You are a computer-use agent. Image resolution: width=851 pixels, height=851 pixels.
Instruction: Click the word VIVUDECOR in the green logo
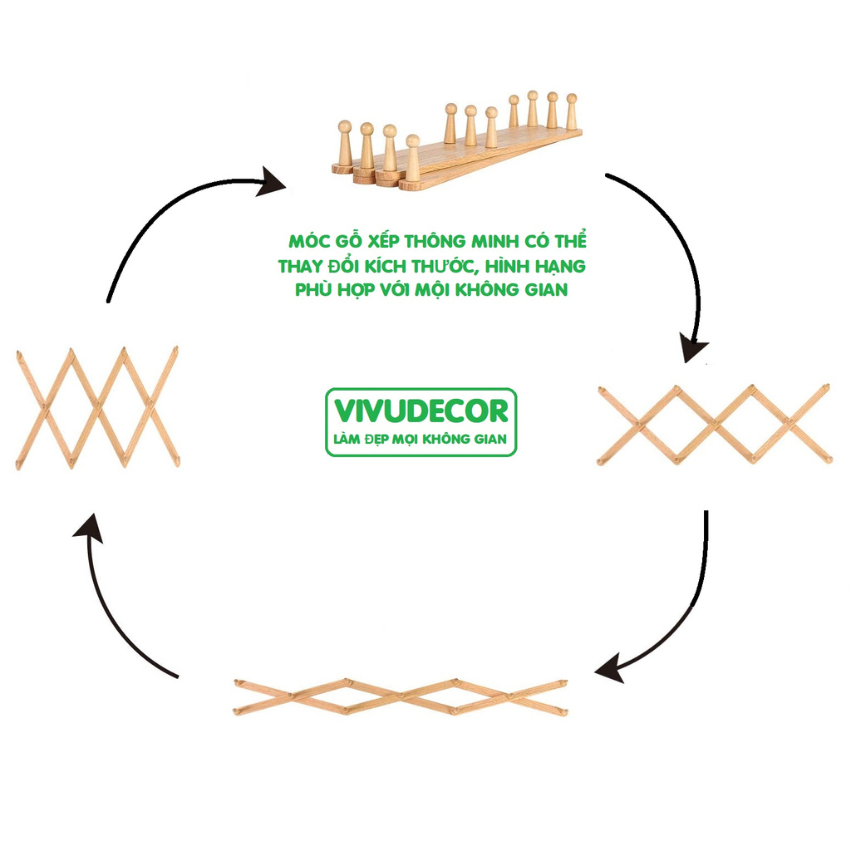(x=421, y=411)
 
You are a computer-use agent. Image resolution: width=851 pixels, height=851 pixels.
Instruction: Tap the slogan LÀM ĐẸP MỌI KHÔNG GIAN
(x=421, y=439)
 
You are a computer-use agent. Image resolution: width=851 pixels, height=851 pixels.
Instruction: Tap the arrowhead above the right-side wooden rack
(x=695, y=346)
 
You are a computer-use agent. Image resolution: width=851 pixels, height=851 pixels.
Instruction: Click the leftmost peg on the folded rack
(x=344, y=143)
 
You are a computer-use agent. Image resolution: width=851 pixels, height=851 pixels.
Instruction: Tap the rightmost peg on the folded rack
(x=572, y=111)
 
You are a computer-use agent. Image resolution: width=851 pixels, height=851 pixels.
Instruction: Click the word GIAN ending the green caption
(x=546, y=290)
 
